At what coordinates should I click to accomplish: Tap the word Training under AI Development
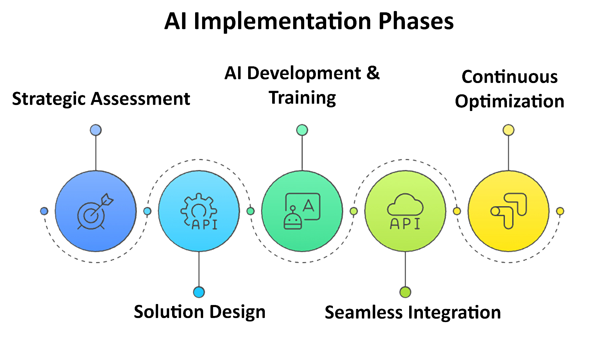tap(303, 98)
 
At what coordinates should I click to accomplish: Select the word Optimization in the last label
tap(509, 101)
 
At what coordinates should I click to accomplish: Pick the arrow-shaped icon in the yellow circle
tap(508, 211)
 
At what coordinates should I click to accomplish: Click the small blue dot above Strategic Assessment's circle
tap(96, 130)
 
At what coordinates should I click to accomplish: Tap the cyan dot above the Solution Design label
tap(199, 292)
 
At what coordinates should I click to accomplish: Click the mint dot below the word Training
tap(302, 130)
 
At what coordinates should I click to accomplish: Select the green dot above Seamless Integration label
tap(405, 292)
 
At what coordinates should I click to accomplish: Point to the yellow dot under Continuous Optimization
tap(508, 130)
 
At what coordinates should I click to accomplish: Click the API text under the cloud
tap(405, 224)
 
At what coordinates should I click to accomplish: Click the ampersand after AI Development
tap(373, 73)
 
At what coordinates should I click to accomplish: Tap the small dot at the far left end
tap(44, 211)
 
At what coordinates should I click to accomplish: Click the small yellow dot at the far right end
tap(560, 211)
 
